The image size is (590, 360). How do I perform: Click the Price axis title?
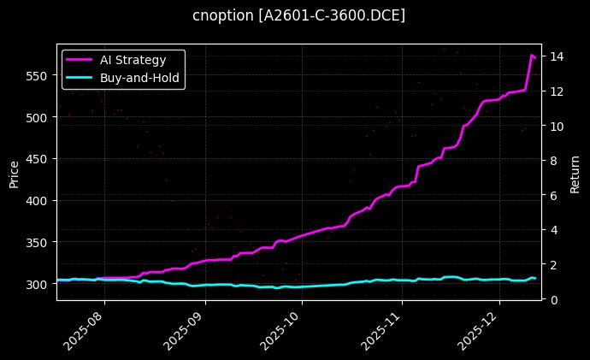pos(14,172)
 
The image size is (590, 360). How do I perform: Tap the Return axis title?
pos(575,172)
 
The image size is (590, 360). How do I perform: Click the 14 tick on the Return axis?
pos(556,56)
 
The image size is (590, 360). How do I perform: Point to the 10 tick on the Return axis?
pos(556,126)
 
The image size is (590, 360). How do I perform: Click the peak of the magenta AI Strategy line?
pos(532,55)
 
